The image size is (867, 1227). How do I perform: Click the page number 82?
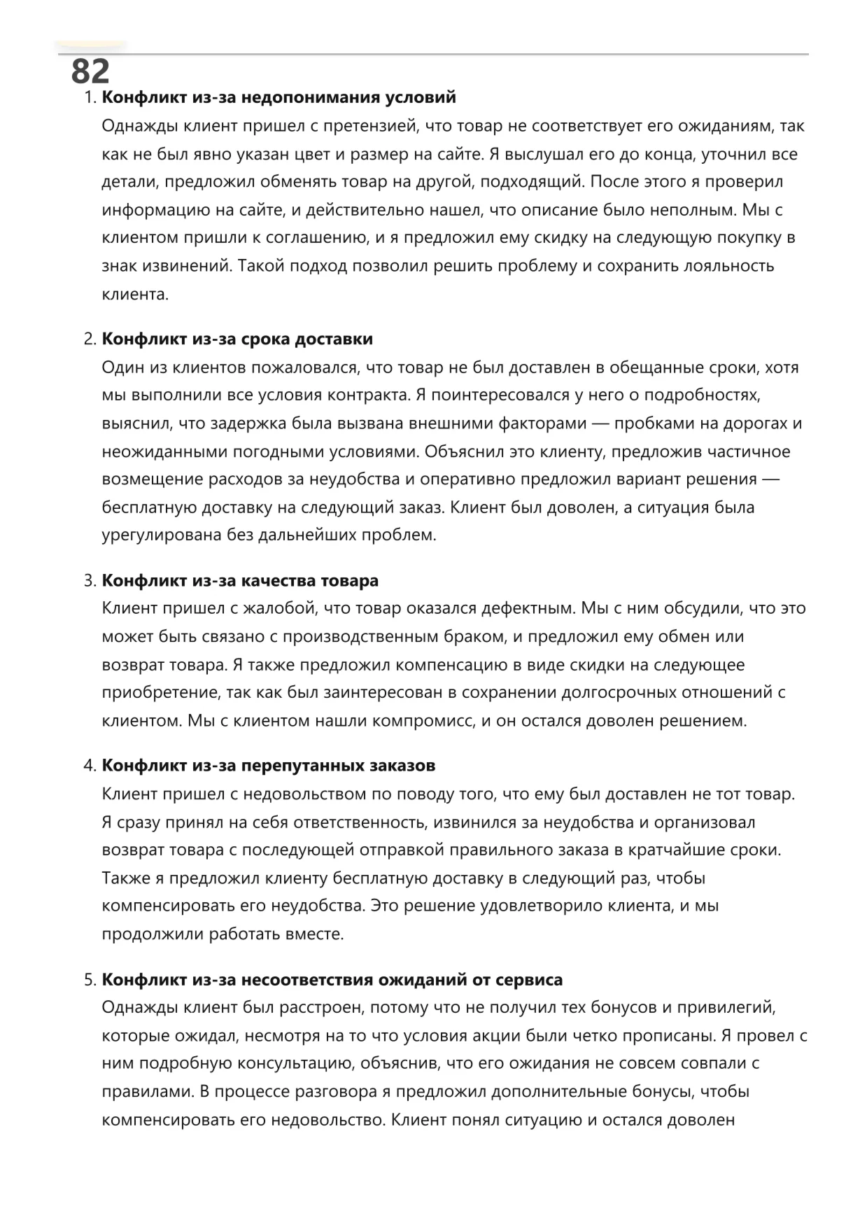[x=90, y=71]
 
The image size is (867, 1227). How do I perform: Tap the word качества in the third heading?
[x=278, y=581]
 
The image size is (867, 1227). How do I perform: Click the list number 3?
[x=89, y=581]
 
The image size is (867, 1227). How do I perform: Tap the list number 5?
[x=89, y=980]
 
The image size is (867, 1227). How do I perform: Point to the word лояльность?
[x=722, y=266]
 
